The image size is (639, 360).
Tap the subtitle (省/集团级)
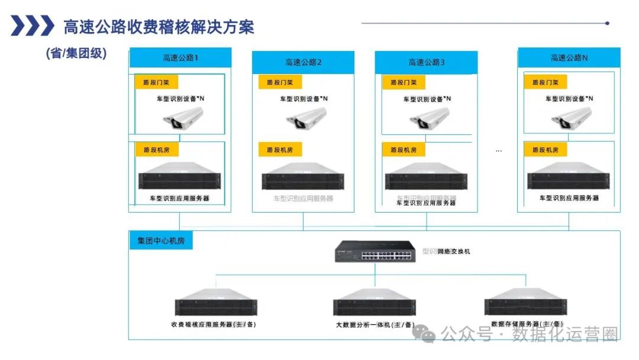tap(76, 53)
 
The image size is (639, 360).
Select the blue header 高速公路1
tap(180, 58)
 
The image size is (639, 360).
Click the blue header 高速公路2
tap(303, 62)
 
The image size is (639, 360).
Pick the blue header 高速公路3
tap(426, 62)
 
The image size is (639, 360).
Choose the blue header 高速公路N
tap(569, 58)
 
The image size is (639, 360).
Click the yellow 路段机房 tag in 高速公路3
tap(404, 150)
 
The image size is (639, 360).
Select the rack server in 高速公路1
tap(180, 178)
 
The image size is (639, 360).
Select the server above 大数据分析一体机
tap(374, 304)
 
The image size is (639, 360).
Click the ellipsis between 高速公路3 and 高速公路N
tap(498, 151)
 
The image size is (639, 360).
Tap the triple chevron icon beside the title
tap(33, 26)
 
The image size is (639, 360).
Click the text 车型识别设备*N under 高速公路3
tap(427, 99)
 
